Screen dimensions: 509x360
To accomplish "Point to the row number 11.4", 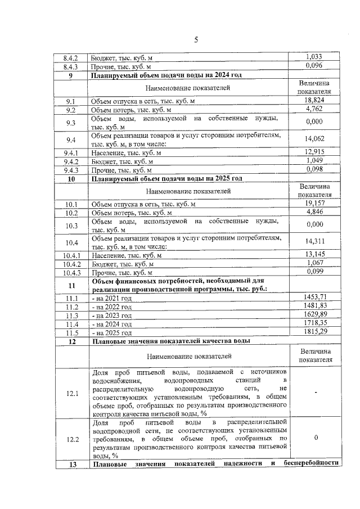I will [71, 325].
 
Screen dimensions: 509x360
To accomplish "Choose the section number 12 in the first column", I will [71, 341].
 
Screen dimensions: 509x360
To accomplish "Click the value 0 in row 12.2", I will [316, 437].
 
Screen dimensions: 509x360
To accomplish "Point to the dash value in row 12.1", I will [316, 392].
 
